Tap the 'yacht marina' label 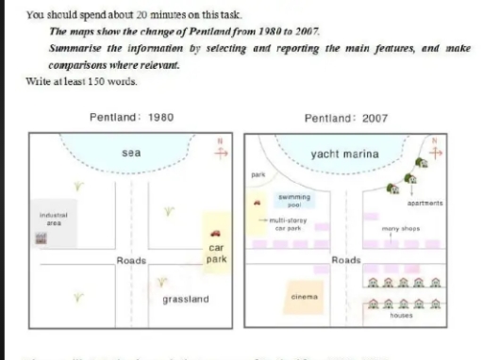(x=344, y=154)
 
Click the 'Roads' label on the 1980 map (x=130, y=259)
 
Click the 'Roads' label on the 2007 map (x=346, y=259)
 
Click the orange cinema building (x=305, y=298)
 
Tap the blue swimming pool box (x=289, y=200)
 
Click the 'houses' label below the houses (x=403, y=316)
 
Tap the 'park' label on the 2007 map (x=256, y=176)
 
